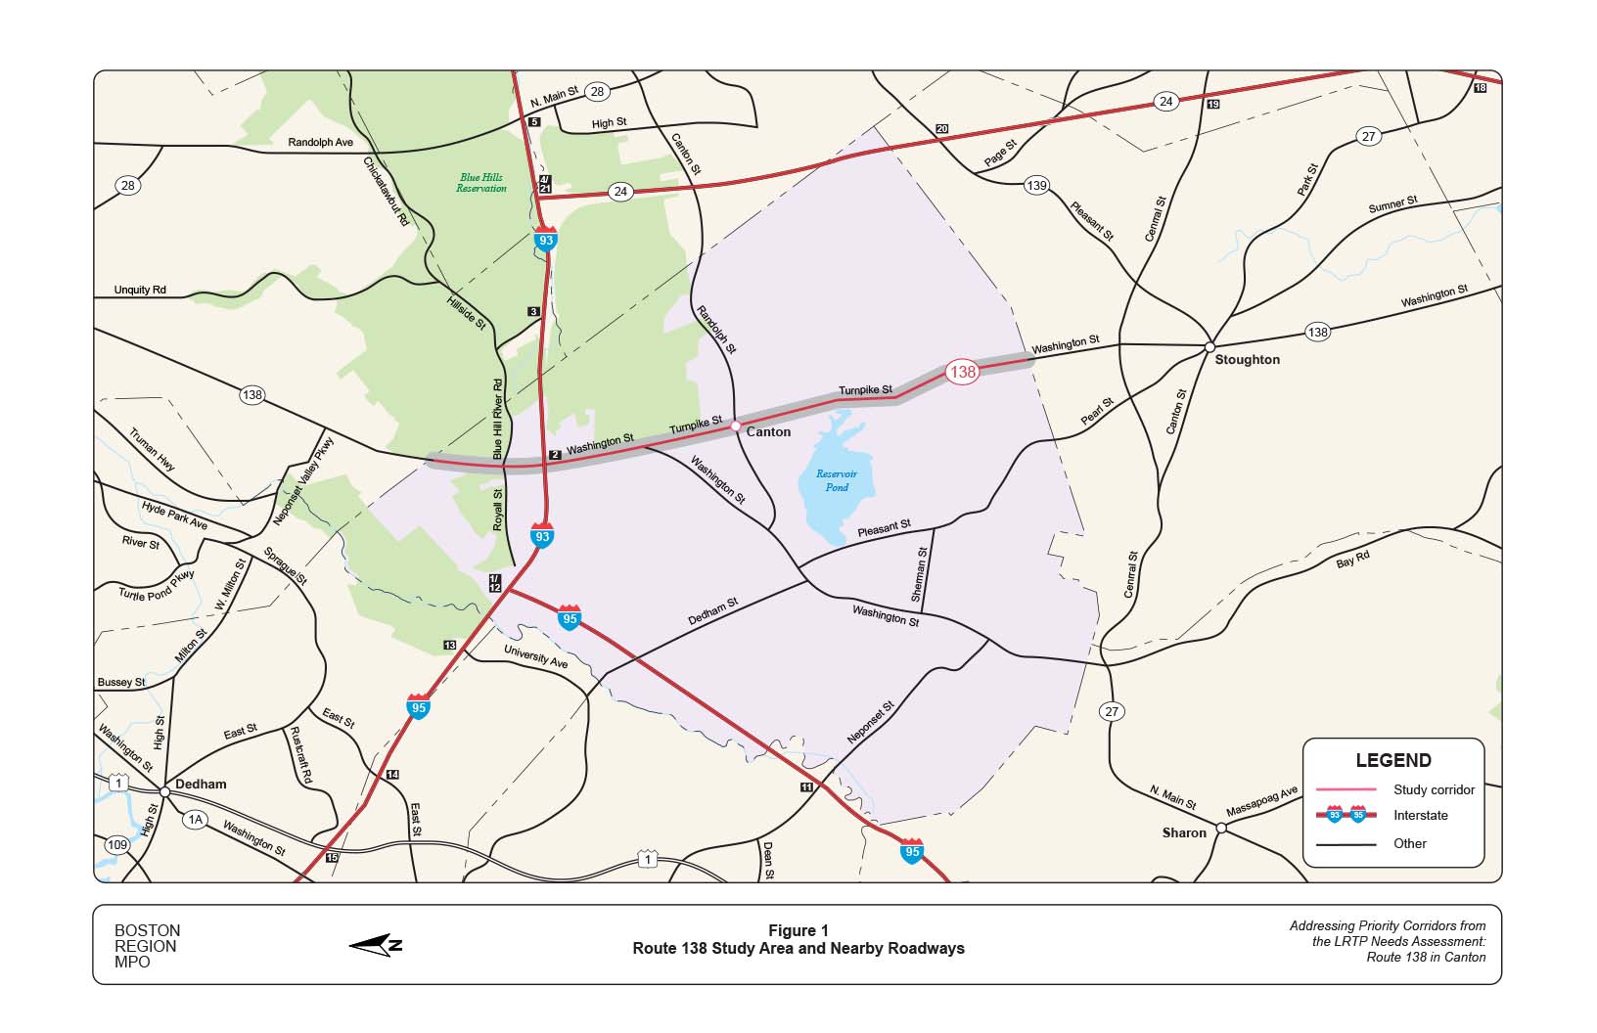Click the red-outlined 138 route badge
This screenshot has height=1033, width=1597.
click(962, 372)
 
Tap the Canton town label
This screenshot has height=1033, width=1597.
click(768, 431)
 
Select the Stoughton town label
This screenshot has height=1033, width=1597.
click(1247, 359)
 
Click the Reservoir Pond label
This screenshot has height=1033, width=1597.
click(837, 480)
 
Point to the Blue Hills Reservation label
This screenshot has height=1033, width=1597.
click(481, 183)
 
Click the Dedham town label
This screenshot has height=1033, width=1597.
click(201, 784)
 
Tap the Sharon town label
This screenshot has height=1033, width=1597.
click(1184, 832)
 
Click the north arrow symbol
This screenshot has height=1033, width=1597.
click(376, 944)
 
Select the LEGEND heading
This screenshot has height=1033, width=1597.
click(1392, 760)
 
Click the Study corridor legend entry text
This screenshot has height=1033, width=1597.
click(1434, 789)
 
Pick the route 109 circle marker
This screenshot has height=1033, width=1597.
click(117, 844)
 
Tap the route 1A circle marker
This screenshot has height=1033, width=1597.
click(196, 819)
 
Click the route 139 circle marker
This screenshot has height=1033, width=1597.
click(1036, 185)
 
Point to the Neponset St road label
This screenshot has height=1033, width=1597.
click(870, 723)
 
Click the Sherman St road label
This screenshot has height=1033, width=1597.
click(919, 574)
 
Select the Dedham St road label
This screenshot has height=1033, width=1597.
click(712, 612)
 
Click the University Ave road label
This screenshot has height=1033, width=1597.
click(535, 656)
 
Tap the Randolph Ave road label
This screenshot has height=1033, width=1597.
click(320, 143)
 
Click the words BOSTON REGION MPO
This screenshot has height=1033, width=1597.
click(147, 946)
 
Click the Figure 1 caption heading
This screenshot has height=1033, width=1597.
click(798, 930)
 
